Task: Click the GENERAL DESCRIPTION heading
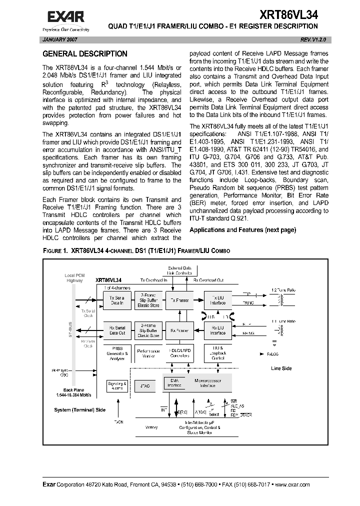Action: [x=84, y=54]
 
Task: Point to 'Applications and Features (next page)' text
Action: [x=242, y=229]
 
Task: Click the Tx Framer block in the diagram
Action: [x=179, y=300]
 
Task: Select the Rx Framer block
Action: [x=179, y=330]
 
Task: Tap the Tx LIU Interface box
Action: [x=218, y=300]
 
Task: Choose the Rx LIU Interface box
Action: [x=218, y=330]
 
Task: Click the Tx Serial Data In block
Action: [x=117, y=300]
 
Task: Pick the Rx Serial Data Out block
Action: [x=117, y=330]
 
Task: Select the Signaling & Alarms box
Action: [x=117, y=385]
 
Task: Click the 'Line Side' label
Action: [x=281, y=368]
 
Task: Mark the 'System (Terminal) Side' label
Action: [x=80, y=409]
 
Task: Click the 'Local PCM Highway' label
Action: [x=75, y=278]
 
